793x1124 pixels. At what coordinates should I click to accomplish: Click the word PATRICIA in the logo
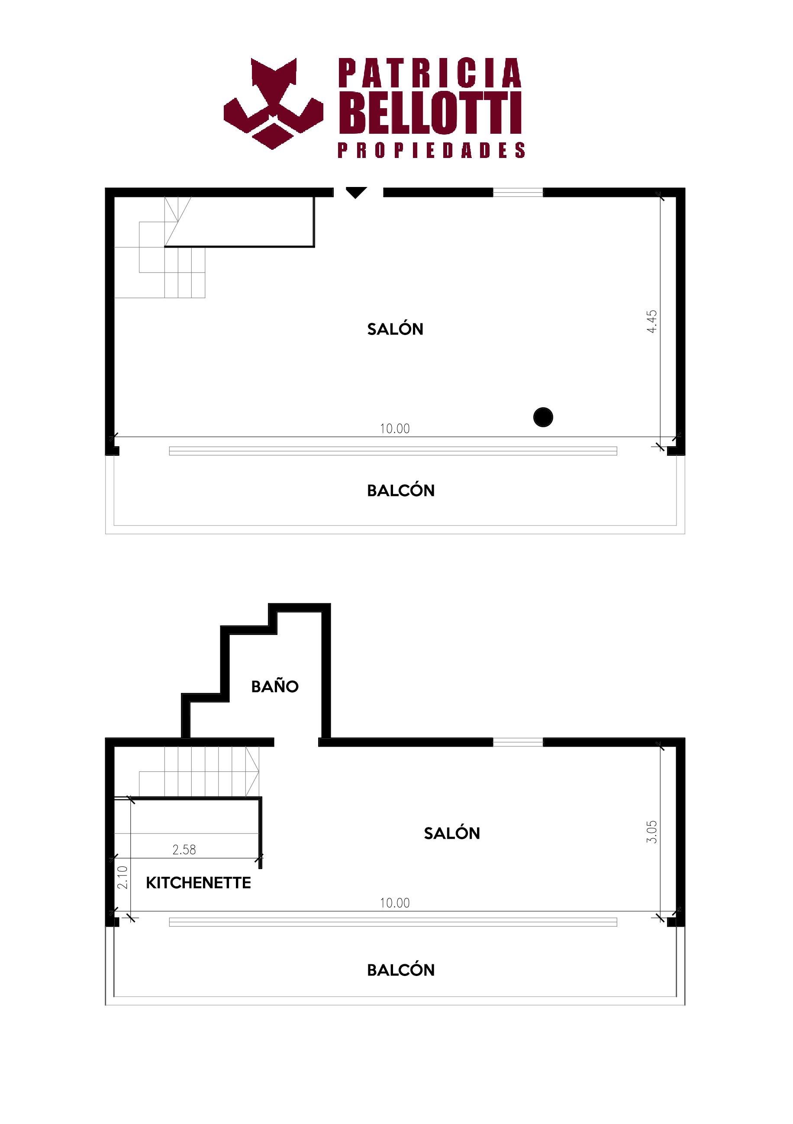coord(430,73)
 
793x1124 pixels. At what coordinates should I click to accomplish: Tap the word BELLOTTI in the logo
coord(430,112)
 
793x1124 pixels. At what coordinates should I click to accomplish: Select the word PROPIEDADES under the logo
coord(431,150)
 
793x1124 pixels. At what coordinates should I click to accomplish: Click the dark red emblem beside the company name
coord(274,103)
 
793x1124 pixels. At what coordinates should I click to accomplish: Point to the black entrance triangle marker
coord(356,193)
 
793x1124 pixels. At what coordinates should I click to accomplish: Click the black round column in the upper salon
coord(543,417)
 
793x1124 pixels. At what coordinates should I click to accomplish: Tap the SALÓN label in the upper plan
coord(395,329)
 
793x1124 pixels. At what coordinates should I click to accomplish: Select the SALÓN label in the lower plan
coord(452,833)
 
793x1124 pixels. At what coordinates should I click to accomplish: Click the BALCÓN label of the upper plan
coord(401,490)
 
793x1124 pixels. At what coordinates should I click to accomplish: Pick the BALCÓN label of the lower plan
coord(401,970)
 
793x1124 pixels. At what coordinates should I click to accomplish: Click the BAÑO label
coord(274,686)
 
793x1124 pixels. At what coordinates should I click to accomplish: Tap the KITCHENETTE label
coord(198,882)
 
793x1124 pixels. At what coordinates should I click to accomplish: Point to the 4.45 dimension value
coord(651,322)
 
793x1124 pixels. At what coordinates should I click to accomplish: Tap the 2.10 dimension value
coord(122,877)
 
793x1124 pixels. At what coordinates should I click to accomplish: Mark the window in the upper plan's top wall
coord(518,193)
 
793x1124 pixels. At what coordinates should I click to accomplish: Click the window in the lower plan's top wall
coord(518,742)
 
